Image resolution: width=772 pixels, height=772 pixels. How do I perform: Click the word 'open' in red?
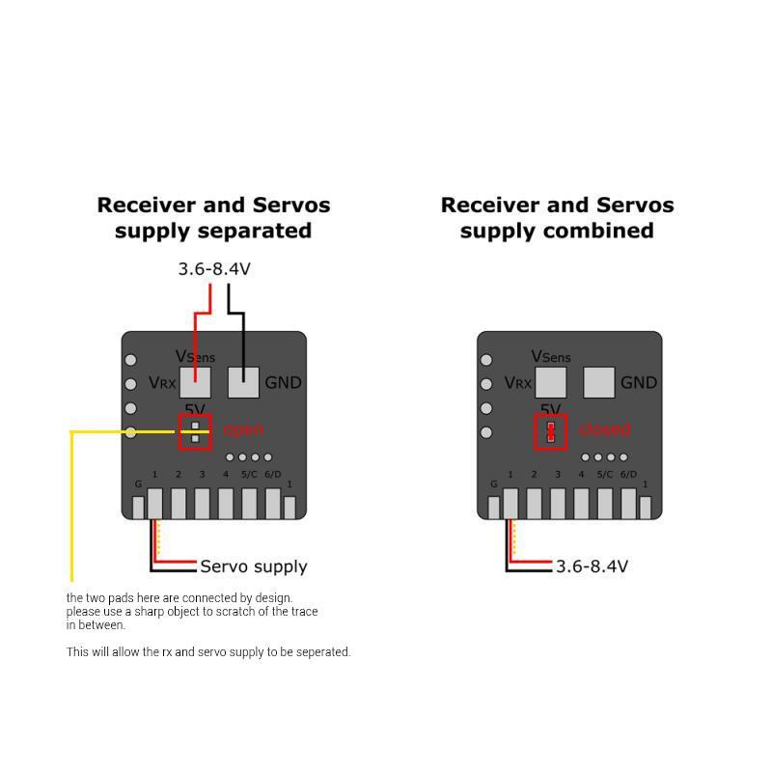pyautogui.click(x=242, y=429)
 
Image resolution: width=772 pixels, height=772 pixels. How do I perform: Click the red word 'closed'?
pyautogui.click(x=604, y=429)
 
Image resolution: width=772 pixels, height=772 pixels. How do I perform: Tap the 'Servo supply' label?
pyautogui.click(x=254, y=566)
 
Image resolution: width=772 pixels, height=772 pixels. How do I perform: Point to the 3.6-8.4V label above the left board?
pyautogui.click(x=214, y=269)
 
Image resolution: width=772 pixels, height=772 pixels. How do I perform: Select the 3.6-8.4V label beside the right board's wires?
pyautogui.click(x=592, y=566)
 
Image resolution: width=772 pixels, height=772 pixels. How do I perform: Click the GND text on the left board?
pyautogui.click(x=283, y=383)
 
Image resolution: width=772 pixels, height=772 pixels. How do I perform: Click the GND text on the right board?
pyautogui.click(x=639, y=383)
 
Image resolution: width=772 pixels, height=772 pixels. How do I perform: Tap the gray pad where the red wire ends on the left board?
pyautogui.click(x=195, y=382)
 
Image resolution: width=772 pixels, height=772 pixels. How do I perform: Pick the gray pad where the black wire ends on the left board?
pyautogui.click(x=243, y=382)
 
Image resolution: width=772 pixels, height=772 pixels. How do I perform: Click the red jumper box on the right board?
pyautogui.click(x=551, y=431)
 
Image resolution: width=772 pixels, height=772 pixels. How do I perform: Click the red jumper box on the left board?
pyautogui.click(x=195, y=431)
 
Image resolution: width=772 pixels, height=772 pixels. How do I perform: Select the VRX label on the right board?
pyautogui.click(x=517, y=383)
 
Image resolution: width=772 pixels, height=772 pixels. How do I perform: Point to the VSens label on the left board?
pyautogui.click(x=195, y=357)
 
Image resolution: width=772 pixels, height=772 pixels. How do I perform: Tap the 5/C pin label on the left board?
pyautogui.click(x=249, y=475)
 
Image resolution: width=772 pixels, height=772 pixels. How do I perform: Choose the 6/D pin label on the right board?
pyautogui.click(x=628, y=475)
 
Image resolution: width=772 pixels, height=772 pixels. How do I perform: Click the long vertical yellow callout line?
pyautogui.click(x=71, y=507)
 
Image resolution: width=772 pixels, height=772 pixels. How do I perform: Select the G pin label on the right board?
pyautogui.click(x=494, y=483)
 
